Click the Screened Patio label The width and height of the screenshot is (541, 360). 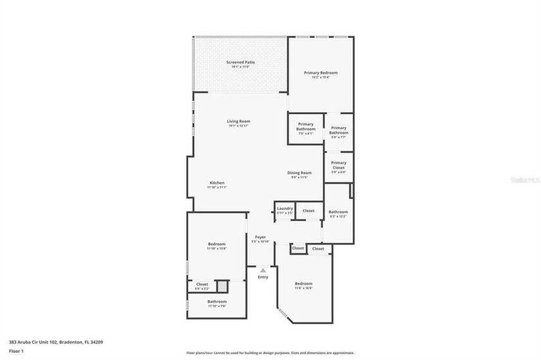[240, 62]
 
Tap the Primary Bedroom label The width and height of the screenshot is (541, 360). [320, 73]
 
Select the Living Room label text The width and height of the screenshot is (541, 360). [238, 121]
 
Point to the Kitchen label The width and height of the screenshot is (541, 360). [216, 183]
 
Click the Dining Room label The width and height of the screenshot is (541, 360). [299, 173]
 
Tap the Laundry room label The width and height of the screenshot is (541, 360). [285, 209]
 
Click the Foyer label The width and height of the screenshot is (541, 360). [260, 237]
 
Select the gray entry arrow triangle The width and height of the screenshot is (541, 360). [263, 270]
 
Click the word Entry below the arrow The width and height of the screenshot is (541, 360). [263, 277]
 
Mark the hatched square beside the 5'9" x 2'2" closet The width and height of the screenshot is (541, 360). [222, 285]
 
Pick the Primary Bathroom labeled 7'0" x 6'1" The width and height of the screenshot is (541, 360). [305, 126]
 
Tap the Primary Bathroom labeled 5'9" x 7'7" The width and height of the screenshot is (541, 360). [338, 131]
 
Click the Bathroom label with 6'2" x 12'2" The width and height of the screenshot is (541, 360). [338, 212]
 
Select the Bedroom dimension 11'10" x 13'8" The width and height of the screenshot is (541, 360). [216, 248]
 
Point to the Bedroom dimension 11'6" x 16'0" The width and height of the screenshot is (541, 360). [303, 288]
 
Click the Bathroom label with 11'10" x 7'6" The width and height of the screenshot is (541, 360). [216, 301]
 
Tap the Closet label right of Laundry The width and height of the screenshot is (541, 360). [308, 211]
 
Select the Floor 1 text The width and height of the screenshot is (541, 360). [16, 351]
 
